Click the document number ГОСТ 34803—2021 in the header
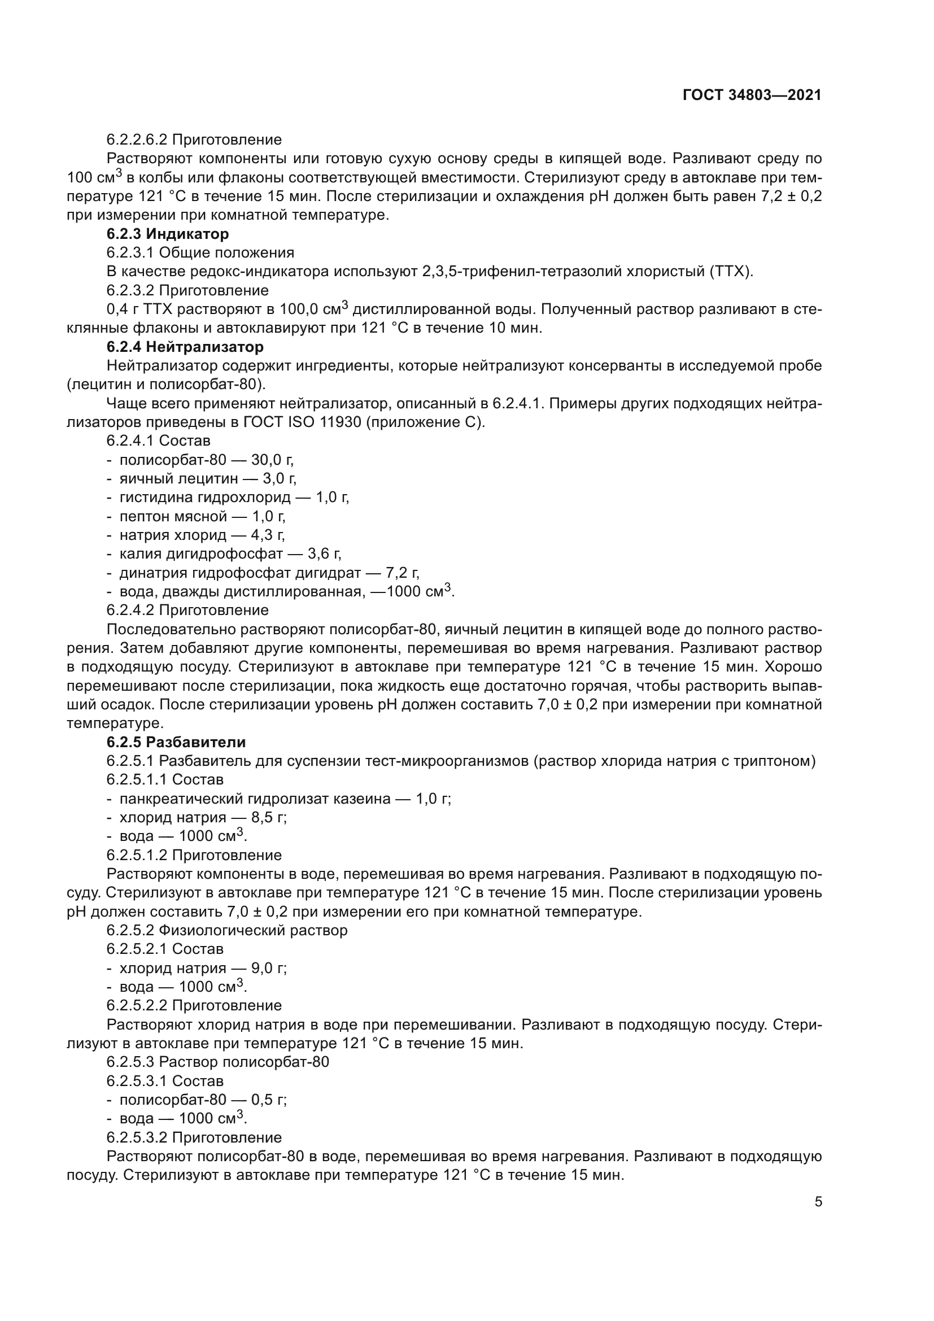752,95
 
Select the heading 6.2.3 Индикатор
167,234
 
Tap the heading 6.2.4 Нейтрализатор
185,347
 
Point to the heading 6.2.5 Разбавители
176,742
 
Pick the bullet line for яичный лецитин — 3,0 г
207,479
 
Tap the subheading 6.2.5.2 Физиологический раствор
227,930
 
